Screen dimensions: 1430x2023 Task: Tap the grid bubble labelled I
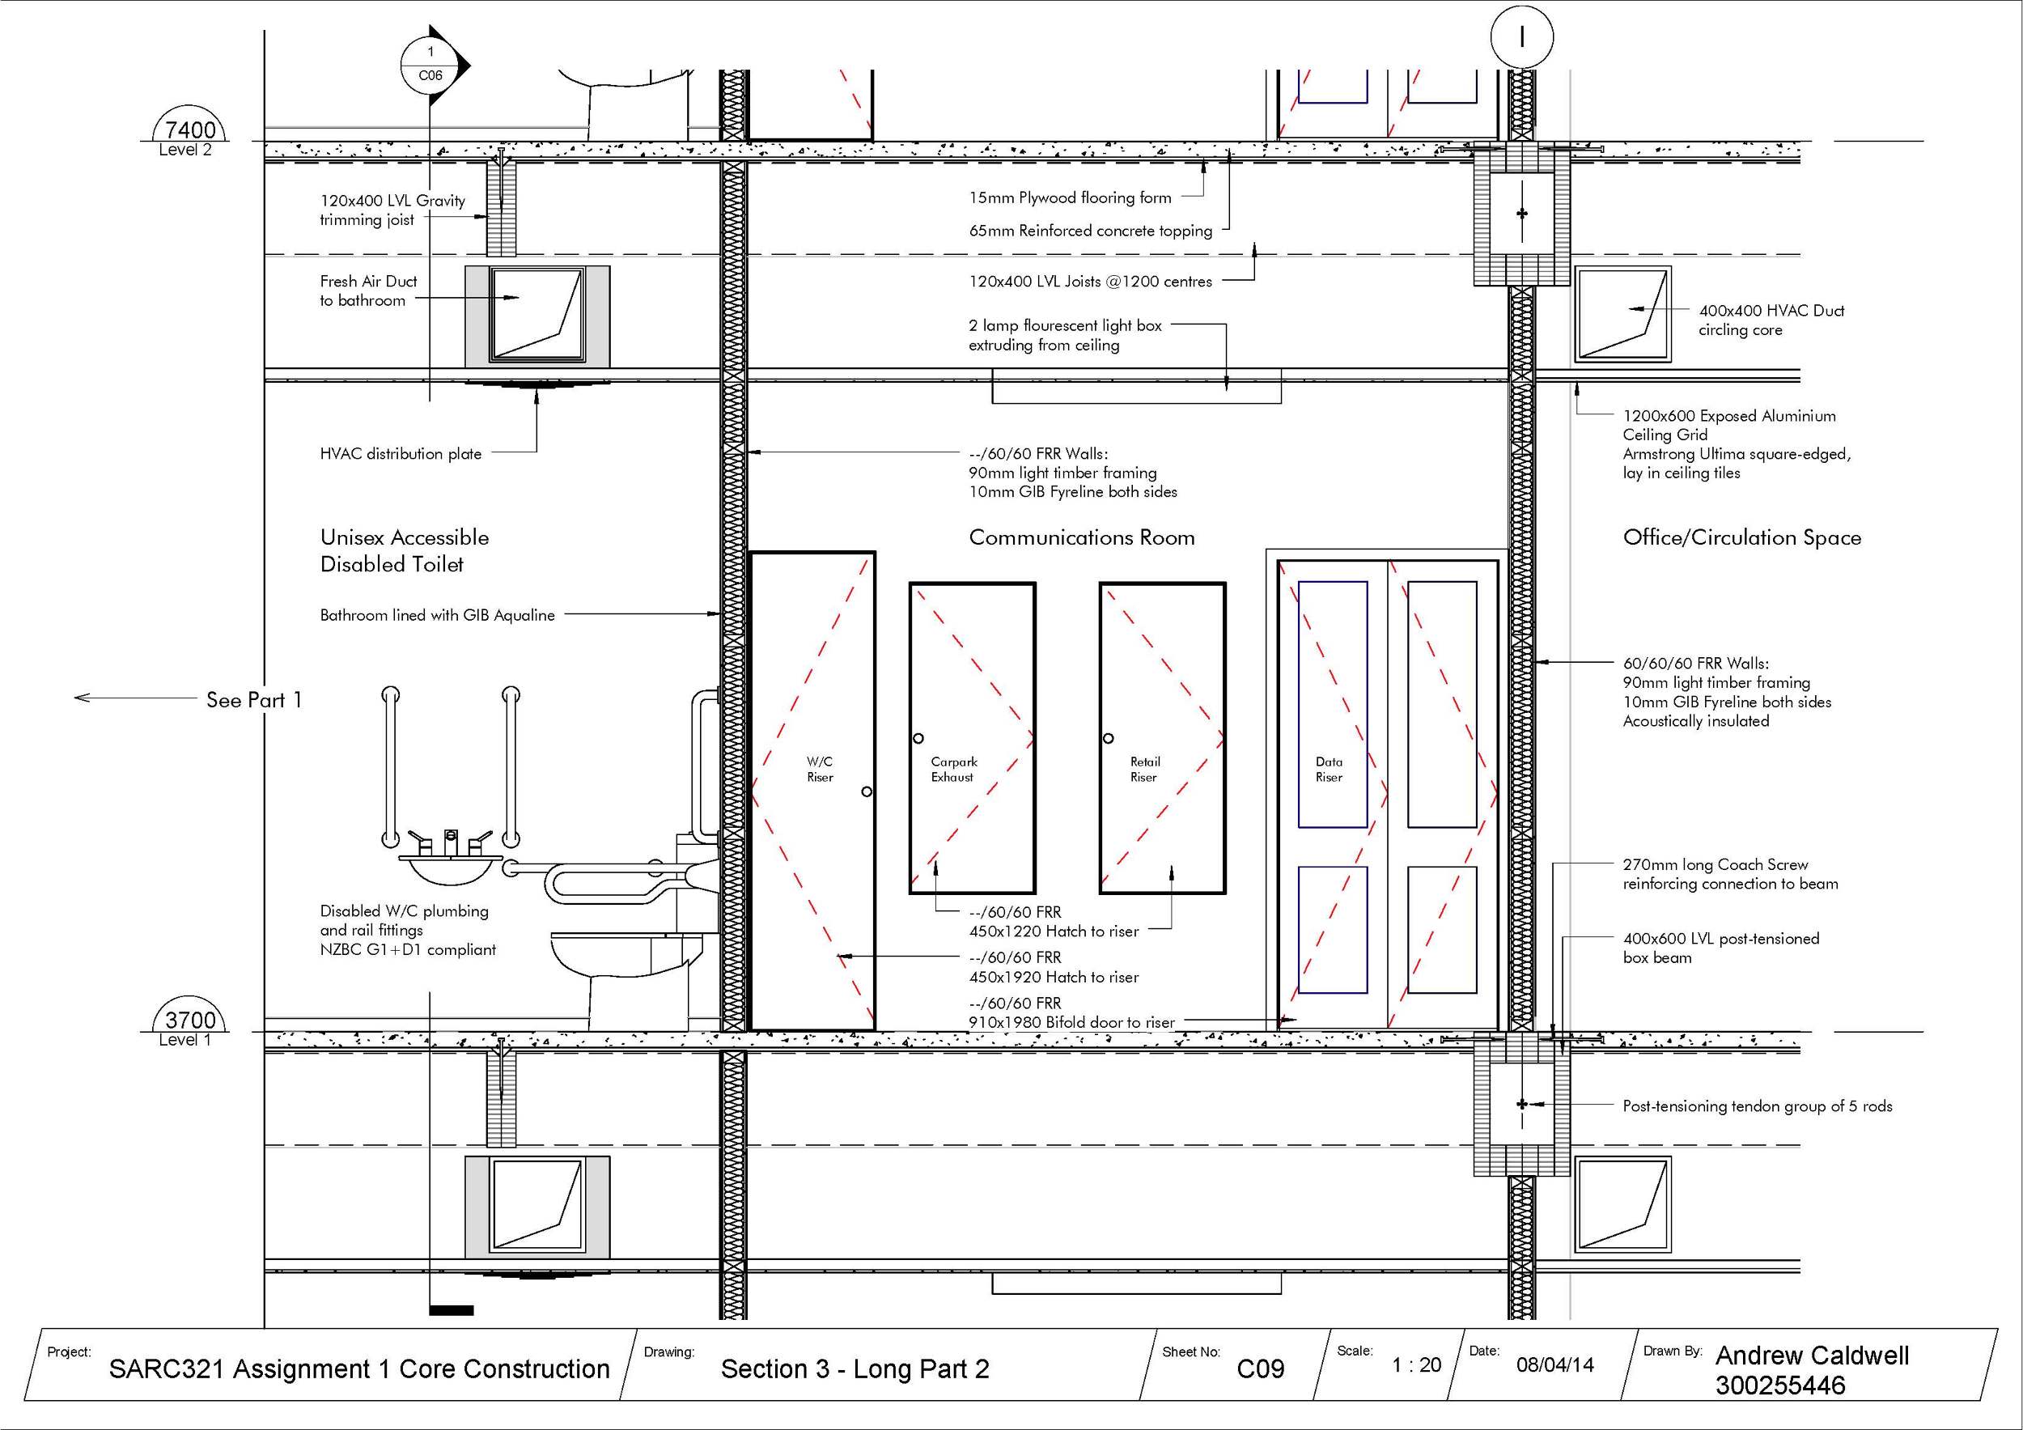coord(1521,38)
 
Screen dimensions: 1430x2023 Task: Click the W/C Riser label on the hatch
coord(820,769)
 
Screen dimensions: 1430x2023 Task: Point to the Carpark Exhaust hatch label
coord(953,769)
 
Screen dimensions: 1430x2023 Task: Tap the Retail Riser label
coord(1144,769)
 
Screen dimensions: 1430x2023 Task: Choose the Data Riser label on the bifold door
coord(1329,769)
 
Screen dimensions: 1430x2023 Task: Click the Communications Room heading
coord(1081,537)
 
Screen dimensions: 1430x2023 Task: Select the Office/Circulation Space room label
coord(1742,537)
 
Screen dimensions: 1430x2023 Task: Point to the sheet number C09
coord(1260,1368)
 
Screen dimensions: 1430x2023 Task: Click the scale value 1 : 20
coord(1416,1364)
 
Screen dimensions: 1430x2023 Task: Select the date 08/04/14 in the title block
coord(1555,1364)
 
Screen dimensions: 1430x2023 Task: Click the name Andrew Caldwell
coord(1812,1355)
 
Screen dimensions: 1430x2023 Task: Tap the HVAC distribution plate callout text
coord(401,454)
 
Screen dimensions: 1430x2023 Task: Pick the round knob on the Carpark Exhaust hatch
coord(918,738)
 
